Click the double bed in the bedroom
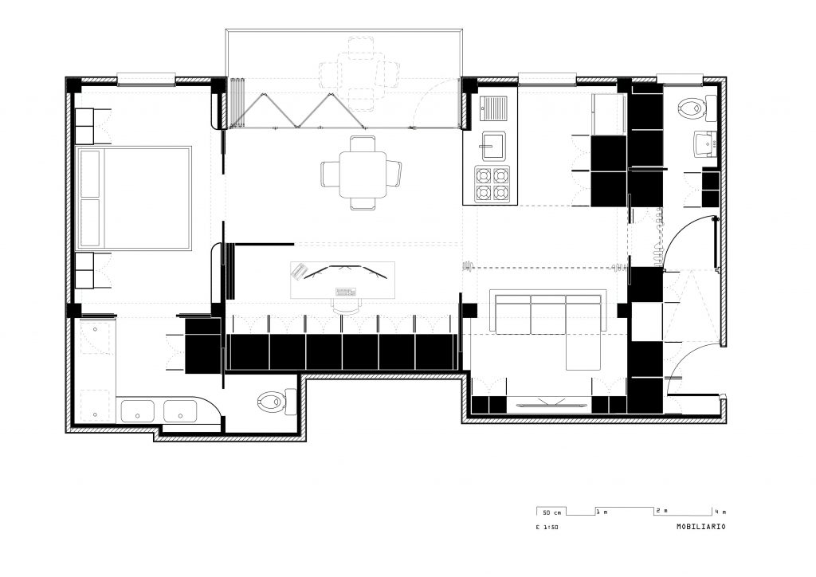coord(134,198)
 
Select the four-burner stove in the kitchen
coord(492,183)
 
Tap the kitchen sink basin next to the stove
coord(492,145)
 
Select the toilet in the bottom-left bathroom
coord(277,402)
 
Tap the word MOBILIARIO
coord(701,527)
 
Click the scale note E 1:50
coord(547,527)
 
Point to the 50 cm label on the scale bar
coord(551,512)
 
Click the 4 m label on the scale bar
coord(720,511)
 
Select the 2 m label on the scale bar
coord(661,511)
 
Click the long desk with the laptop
coord(343,280)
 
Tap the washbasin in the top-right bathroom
coord(705,143)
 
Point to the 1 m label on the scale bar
coord(602,512)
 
